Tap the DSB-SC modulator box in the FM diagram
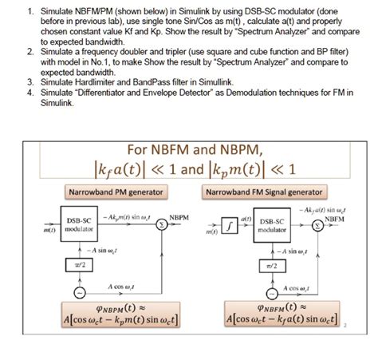[x=273, y=225]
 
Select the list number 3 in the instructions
[x=29, y=82]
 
